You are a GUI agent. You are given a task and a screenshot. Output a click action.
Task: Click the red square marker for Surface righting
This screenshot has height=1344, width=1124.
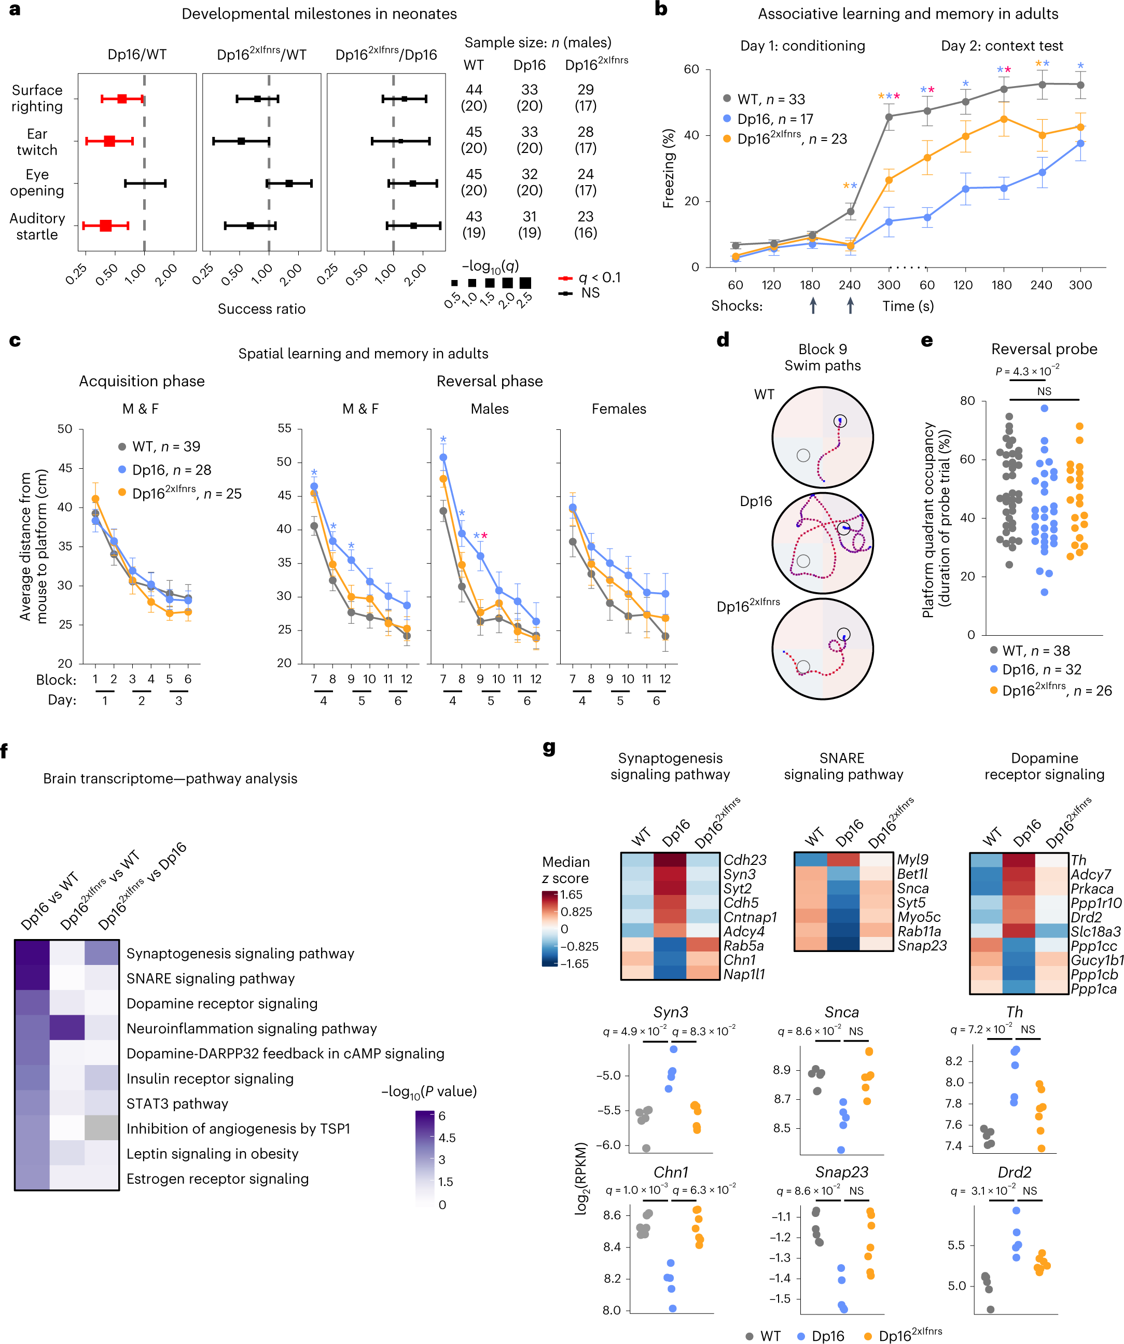(x=121, y=99)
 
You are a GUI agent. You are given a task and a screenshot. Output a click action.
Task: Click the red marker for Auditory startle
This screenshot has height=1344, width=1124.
(x=106, y=225)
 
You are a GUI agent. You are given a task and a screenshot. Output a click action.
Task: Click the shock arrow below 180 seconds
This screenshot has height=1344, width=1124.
(x=812, y=305)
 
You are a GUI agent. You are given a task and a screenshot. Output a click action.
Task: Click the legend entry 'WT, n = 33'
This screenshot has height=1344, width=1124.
(x=770, y=99)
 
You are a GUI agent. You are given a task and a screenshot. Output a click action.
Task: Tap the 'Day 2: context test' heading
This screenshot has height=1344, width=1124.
(x=1001, y=46)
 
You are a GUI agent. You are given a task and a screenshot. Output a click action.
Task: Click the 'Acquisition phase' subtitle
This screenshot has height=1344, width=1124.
(x=142, y=381)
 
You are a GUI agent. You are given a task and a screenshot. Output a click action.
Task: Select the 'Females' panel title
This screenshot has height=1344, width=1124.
(x=618, y=408)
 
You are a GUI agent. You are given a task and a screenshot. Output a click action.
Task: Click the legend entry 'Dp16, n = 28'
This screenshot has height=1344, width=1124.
(x=171, y=470)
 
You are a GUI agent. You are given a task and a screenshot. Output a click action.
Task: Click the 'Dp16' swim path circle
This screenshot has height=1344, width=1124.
(x=822, y=543)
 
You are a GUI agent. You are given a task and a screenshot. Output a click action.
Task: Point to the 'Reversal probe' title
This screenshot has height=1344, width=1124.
(x=1044, y=349)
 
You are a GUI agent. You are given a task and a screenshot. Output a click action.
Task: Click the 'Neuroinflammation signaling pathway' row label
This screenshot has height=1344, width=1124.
(x=251, y=1028)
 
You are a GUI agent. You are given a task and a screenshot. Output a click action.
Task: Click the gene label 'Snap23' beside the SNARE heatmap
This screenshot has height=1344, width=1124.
(x=921, y=945)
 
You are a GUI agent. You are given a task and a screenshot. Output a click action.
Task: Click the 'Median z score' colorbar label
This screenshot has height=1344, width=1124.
(x=565, y=870)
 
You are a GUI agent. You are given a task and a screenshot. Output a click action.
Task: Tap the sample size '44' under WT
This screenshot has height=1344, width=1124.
(x=474, y=90)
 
